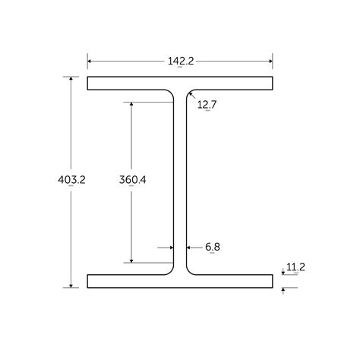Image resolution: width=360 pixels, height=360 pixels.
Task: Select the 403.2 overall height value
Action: point(71,180)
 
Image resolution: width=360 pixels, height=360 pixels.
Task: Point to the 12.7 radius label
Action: point(207,105)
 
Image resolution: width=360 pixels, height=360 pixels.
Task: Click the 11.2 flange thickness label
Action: point(295,267)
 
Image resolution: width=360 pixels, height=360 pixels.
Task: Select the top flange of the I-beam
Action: point(180,84)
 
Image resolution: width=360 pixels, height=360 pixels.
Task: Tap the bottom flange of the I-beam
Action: point(180,281)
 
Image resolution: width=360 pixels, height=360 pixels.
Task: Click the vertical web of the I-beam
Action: point(180,182)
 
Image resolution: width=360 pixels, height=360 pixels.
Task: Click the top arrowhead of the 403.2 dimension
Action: point(72,79)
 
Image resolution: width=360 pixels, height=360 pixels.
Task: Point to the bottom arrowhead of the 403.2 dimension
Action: point(72,286)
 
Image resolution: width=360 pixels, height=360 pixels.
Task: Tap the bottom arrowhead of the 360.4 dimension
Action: point(133,261)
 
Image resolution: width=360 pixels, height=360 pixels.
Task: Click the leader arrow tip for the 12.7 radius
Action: point(189,93)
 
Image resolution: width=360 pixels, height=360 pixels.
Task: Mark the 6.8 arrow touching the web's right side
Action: point(188,247)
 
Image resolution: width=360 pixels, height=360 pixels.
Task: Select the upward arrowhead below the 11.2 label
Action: point(283,290)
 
